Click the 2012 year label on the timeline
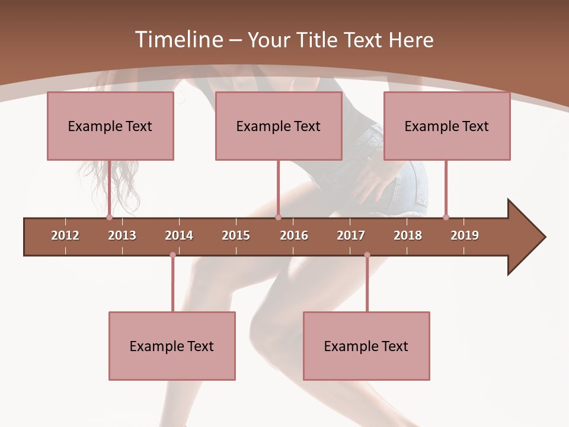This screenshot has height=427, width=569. [x=65, y=235]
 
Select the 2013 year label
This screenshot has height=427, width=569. [x=122, y=235]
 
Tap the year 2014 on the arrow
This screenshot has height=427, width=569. [x=179, y=235]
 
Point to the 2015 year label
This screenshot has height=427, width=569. [x=236, y=235]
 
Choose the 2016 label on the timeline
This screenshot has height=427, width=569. [x=294, y=235]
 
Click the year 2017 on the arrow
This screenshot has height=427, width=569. [x=351, y=235]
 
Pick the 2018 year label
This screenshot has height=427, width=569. [x=408, y=235]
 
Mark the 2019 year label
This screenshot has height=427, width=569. [x=465, y=235]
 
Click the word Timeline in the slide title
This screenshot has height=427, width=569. [x=178, y=40]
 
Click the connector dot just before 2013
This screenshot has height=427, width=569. [x=110, y=217]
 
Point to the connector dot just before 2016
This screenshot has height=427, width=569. [x=278, y=217]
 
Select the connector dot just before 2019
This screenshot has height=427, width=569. [x=446, y=217]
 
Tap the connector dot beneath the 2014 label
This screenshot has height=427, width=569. [x=172, y=255]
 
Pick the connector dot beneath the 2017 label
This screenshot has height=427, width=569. [x=367, y=255]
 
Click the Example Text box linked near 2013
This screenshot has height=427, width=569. [x=110, y=126]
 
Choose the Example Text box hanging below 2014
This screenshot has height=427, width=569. [x=172, y=346]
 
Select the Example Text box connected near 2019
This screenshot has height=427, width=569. [x=447, y=126]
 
